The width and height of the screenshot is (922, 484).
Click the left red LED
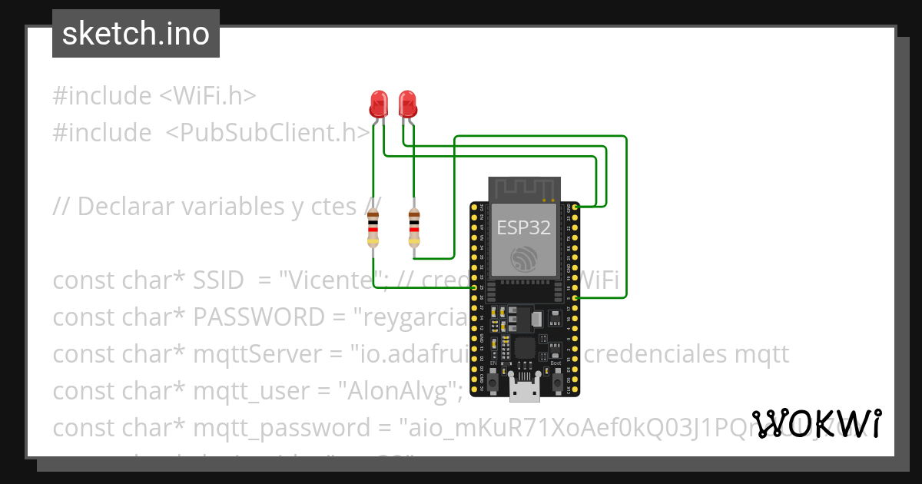378,103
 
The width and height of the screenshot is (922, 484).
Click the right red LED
406,103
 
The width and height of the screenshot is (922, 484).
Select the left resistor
373,227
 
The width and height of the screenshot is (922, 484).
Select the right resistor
414,227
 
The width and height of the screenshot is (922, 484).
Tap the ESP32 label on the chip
523,227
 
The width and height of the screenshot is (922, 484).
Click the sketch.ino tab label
136,34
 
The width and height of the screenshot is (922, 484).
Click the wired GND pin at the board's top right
576,207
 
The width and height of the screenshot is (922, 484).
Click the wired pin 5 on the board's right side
576,297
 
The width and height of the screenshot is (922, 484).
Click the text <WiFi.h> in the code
207,96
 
